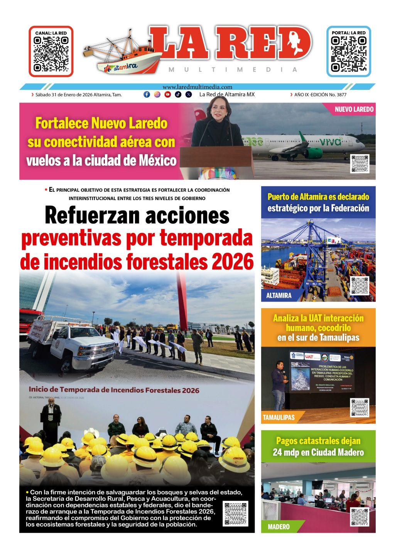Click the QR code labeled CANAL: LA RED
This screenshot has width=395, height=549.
click(51, 54)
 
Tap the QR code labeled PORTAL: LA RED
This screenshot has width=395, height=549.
click(348, 54)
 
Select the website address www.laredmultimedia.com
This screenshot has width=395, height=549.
click(197, 87)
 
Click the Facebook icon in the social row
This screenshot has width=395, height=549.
click(147, 94)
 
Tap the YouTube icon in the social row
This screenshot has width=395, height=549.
click(167, 94)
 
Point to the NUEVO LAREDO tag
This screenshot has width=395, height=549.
click(354, 109)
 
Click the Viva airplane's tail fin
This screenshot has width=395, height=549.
click(302, 136)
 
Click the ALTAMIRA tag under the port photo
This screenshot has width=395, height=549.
click(279, 295)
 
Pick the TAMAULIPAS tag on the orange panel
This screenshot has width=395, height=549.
click(279, 417)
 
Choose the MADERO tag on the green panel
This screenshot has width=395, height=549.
click(279, 527)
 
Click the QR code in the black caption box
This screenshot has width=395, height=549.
click(235, 513)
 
